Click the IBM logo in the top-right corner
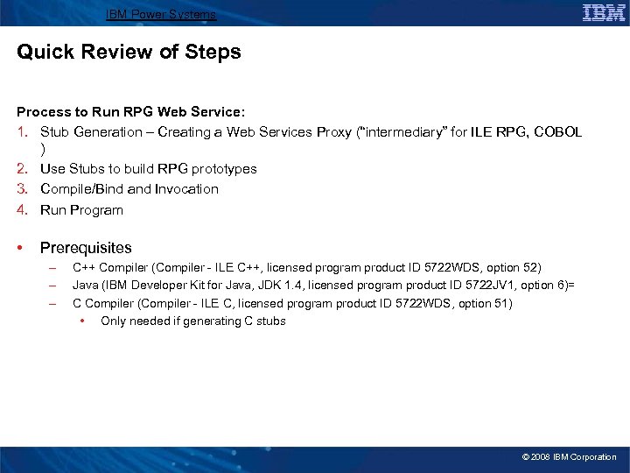coord(604,12)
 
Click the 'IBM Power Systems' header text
coord(160,15)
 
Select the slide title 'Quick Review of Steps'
coord(129,53)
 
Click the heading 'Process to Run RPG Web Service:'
coord(131,112)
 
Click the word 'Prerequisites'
coord(86,249)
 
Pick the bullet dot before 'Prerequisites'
coord(22,249)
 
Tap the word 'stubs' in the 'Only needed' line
coord(270,321)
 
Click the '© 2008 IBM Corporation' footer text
coord(569,457)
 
